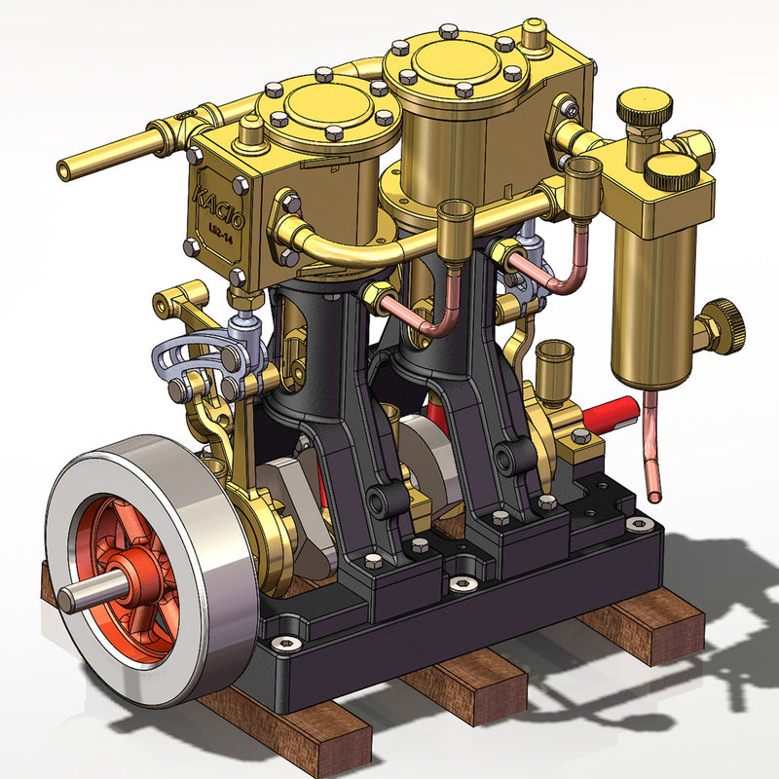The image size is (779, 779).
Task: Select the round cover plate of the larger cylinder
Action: click(x=456, y=60)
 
